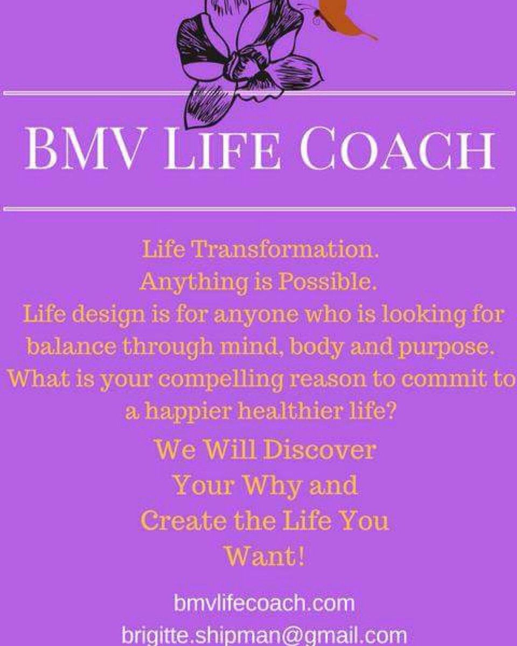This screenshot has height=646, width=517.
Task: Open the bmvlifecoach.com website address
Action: (264, 603)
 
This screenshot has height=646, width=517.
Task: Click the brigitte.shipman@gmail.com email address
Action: (264, 635)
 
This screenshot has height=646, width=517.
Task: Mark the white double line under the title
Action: (258, 208)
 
